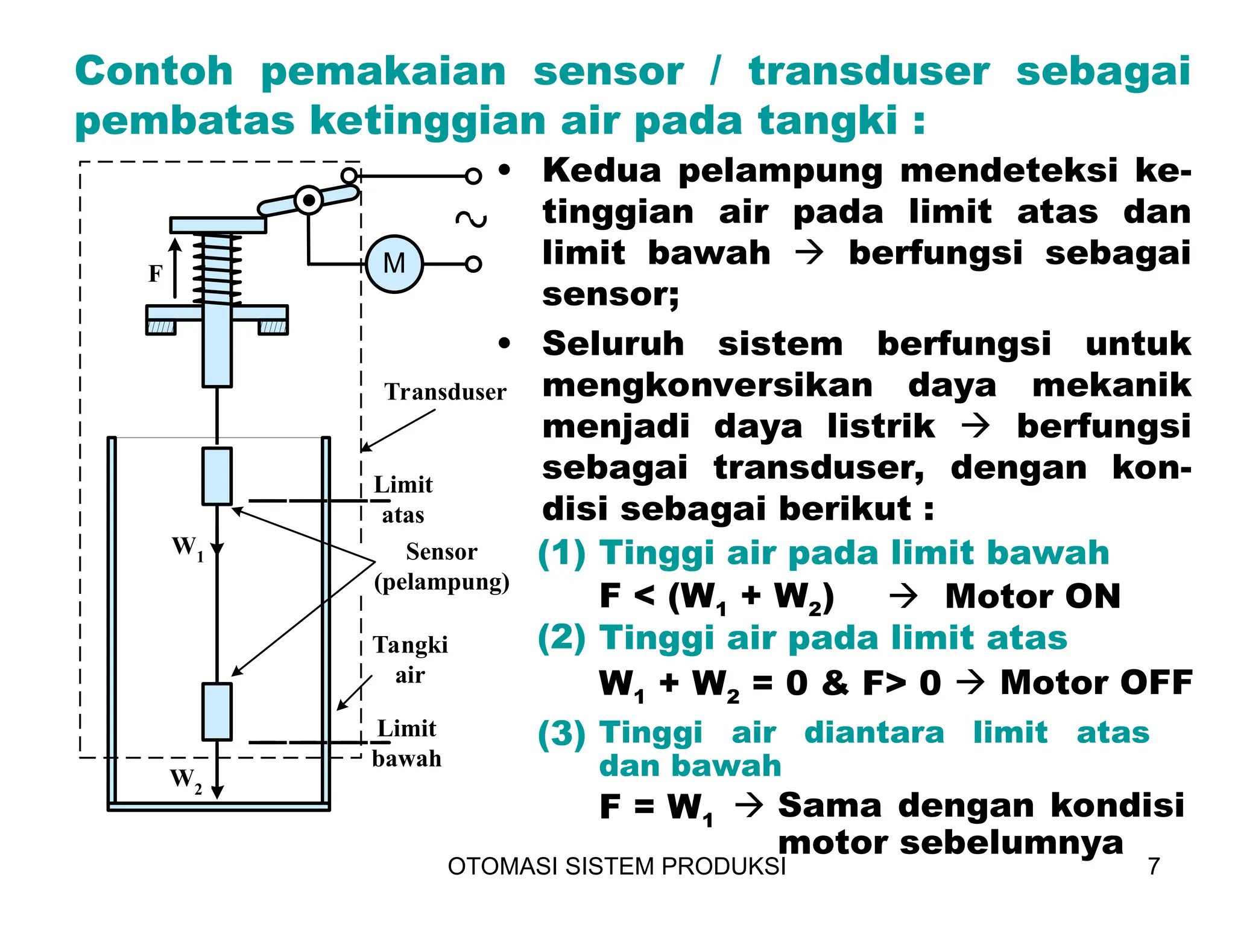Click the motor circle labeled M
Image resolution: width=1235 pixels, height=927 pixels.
coord(394,264)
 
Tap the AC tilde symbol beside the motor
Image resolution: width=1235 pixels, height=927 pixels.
coord(471,219)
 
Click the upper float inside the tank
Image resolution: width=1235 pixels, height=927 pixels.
coord(217,476)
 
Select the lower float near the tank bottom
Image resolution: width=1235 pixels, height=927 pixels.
coord(217,712)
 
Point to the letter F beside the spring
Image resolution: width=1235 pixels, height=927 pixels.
coord(156,274)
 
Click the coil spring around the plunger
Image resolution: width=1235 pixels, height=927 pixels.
coord(217,269)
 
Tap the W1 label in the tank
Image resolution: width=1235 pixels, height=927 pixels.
coord(188,548)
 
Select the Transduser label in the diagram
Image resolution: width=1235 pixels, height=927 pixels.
coord(445,392)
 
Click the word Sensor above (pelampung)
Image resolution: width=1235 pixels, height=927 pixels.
coord(441,552)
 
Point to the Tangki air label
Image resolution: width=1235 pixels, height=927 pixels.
coord(410,659)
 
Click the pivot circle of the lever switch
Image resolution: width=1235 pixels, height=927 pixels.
coord(309,200)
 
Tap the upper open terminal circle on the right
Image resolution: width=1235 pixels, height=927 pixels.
coord(473,176)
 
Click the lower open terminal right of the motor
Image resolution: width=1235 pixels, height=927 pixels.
coord(473,264)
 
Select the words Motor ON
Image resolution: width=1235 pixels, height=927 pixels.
coord(1032,596)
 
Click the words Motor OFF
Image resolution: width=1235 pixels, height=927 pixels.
coord(1096,683)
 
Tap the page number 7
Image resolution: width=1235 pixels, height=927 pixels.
coord(1154,866)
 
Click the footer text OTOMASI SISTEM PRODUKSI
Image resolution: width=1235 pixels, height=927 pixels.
coord(616,866)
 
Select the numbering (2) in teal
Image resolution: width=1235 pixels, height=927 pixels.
coord(561,639)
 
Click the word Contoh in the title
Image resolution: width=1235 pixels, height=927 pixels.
coord(154,71)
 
